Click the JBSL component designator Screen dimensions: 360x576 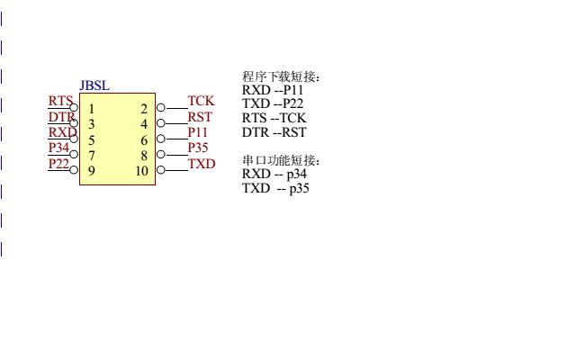coord(94,85)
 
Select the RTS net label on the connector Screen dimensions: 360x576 coord(60,102)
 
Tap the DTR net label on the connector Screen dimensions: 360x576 coord(61,117)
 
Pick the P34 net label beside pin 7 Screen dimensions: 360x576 coord(58,148)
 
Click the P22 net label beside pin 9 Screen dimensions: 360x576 coord(58,163)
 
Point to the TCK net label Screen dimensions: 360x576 coord(201,101)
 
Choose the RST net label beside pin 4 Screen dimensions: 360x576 coord(200,116)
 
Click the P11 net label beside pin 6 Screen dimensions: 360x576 coord(198,132)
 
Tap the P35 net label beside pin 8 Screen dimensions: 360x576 coord(198,148)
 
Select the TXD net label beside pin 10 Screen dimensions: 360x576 coord(202,164)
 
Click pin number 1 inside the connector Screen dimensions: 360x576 coord(91,109)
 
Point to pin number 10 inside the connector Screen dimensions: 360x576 coord(141,170)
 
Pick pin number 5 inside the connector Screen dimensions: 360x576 coord(91,139)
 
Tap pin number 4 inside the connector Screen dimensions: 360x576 coord(143,124)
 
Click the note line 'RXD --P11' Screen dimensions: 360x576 coord(273,90)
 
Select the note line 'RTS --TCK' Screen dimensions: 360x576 coord(274,118)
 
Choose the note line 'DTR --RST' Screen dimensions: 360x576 coord(274,132)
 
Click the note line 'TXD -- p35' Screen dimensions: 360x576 coord(275,188)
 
